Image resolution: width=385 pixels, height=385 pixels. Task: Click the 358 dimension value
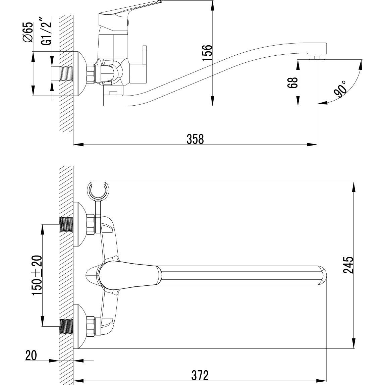point(195,139)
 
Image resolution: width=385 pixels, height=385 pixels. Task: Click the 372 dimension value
point(200,375)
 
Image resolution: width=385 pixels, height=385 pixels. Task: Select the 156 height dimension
point(207,53)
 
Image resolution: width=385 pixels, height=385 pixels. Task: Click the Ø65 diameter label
point(27,32)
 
